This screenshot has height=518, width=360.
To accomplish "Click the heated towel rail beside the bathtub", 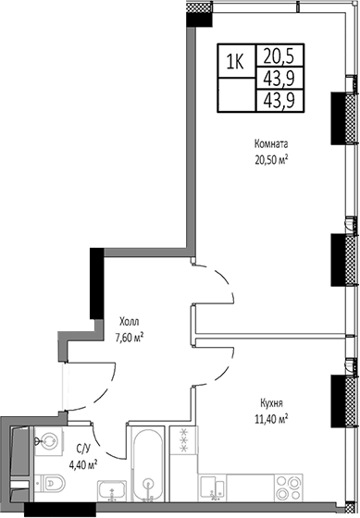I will point(183,441).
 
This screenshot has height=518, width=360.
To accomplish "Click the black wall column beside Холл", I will point(94,287).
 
